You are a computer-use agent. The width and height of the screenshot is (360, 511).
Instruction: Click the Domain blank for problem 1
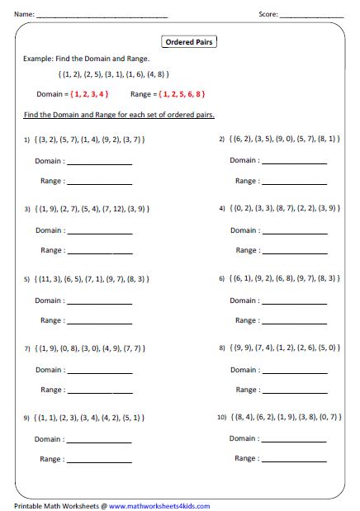click(x=99, y=163)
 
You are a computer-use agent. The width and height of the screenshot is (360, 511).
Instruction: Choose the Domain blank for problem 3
click(x=99, y=232)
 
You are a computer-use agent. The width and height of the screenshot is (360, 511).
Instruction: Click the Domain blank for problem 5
click(x=99, y=302)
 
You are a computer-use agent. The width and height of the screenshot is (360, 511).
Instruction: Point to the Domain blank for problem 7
click(x=99, y=371)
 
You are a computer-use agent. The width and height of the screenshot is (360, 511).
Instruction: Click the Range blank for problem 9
click(x=99, y=461)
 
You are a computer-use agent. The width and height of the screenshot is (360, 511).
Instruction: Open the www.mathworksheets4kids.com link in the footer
click(x=159, y=506)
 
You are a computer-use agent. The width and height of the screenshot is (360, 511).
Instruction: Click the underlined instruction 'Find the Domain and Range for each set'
click(x=116, y=115)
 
